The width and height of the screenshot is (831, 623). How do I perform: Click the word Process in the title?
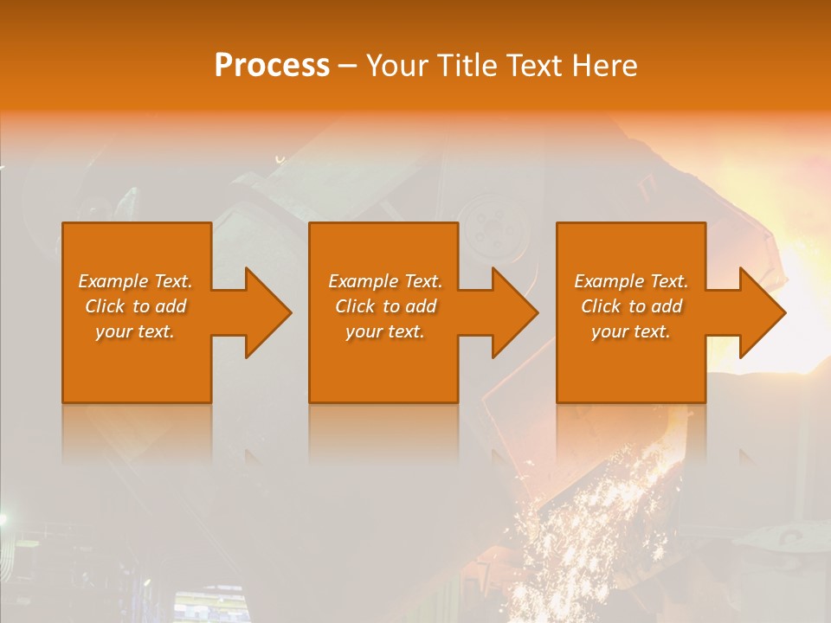[272, 66]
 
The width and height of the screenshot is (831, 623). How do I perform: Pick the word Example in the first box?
[113, 281]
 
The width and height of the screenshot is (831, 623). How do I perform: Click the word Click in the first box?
[106, 306]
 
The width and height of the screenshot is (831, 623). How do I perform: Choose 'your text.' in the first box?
[135, 331]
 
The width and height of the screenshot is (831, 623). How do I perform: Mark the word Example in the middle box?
[364, 281]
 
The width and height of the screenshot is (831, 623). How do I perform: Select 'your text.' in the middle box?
[385, 331]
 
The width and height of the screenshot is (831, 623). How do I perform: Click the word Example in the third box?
[609, 281]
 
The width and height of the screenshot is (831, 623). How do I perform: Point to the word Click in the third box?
[602, 306]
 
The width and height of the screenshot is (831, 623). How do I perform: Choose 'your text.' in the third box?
[631, 331]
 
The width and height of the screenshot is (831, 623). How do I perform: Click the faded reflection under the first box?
[137, 433]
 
